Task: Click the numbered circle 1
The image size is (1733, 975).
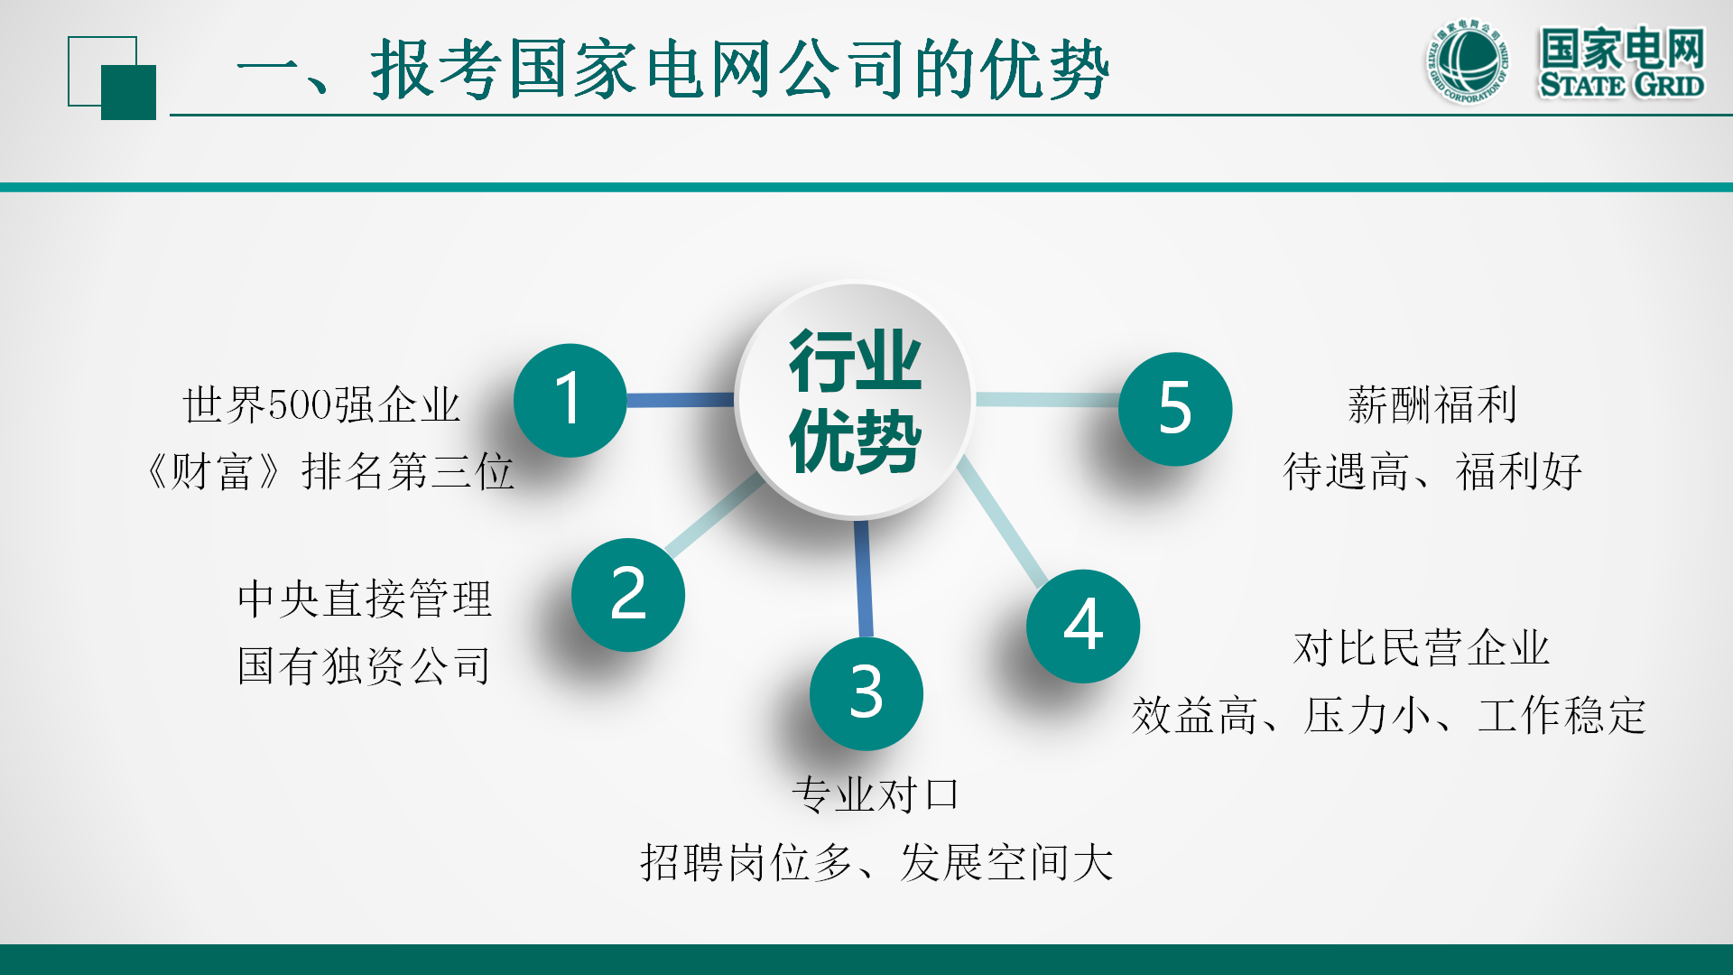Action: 570,400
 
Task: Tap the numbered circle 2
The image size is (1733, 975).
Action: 628,595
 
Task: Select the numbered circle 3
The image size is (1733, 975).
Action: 866,693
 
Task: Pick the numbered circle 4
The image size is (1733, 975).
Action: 1083,626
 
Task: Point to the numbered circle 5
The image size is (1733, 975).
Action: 1175,409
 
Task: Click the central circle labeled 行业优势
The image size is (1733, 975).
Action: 854,400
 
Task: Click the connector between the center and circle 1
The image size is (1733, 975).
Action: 681,400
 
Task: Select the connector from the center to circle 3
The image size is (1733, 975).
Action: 864,579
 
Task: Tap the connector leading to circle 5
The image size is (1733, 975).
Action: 1047,400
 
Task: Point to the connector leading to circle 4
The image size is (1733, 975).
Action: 1002,522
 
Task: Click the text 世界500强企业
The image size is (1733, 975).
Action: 321,404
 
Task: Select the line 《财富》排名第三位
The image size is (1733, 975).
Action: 329,471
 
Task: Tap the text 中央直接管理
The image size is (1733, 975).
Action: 365,599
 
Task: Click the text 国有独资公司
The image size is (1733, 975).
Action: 364,666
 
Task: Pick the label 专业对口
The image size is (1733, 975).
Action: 875,795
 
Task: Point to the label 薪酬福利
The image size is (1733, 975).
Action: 1432,404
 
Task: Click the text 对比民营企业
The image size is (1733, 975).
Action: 1422,648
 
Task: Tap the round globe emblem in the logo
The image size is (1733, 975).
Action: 1468,61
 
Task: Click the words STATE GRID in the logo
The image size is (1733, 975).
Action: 1622,85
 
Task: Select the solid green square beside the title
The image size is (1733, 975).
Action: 128,92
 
